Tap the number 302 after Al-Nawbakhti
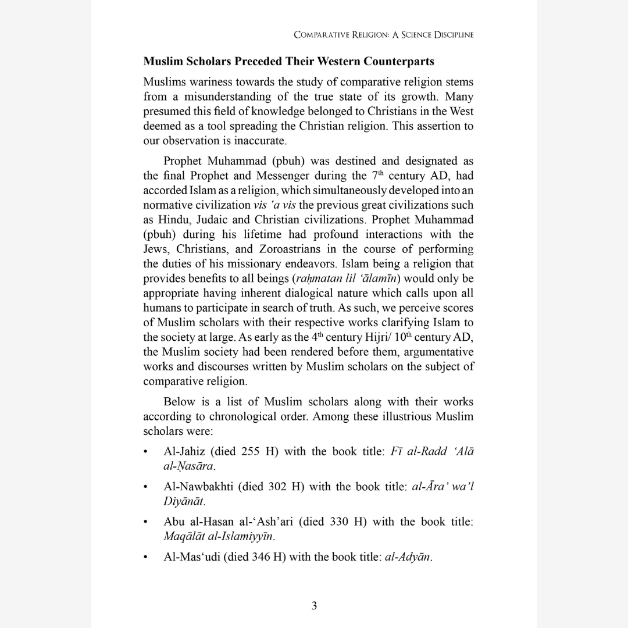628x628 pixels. point(277,487)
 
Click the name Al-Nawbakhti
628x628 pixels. point(198,487)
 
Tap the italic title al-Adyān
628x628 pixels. point(408,556)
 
